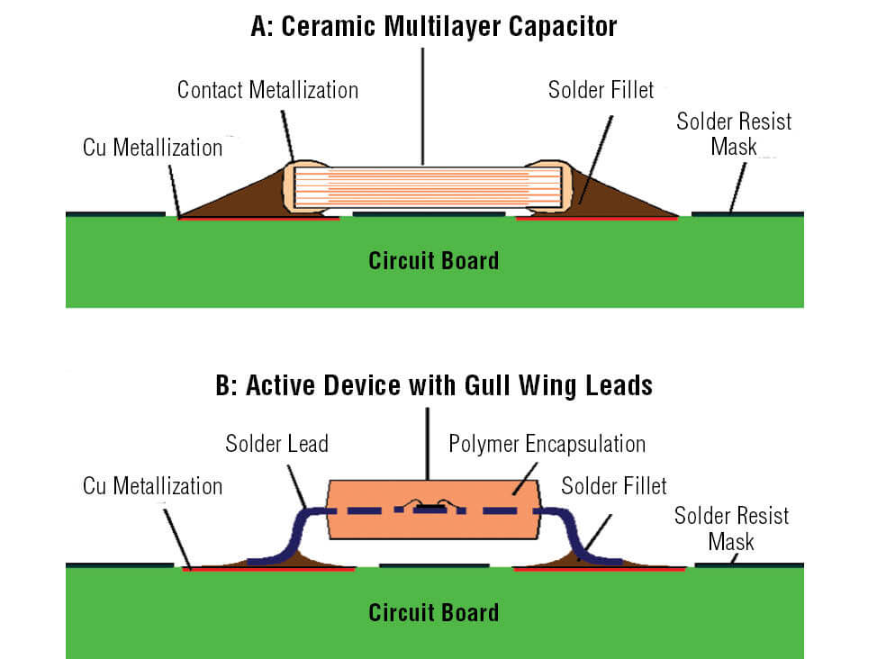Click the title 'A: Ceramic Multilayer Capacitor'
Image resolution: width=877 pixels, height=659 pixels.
coord(434,26)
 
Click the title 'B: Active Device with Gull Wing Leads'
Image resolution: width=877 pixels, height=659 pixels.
coord(434,386)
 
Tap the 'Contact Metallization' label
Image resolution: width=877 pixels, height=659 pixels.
coord(267,90)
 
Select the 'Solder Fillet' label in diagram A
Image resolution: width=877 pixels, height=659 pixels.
coord(601,90)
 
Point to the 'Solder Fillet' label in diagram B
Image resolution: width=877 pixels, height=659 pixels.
coord(614,486)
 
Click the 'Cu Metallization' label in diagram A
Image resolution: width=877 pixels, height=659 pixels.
coord(152,148)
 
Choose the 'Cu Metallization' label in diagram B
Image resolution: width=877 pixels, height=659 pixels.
coord(152,486)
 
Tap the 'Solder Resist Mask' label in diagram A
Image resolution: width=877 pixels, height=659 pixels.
coord(734,133)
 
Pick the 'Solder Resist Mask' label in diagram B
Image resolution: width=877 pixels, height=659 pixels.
coord(731,528)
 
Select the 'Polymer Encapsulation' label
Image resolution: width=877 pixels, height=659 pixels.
coord(547,444)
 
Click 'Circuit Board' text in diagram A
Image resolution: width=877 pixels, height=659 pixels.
coord(433,261)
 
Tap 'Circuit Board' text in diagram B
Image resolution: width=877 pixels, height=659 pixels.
coord(433,613)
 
